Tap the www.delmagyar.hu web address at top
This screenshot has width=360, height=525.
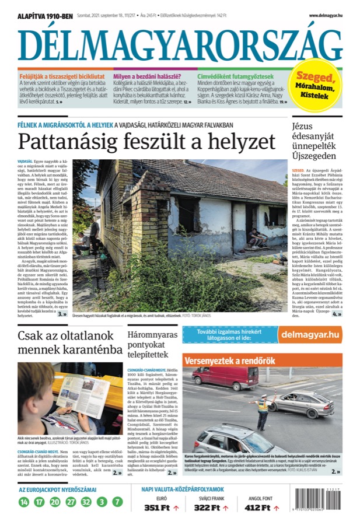pos(325,16)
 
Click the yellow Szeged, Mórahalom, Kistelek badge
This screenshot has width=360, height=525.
pos(315,86)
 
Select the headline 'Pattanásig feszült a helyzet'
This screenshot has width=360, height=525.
pos(146,142)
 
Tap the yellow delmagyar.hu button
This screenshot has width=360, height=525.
pos(310,334)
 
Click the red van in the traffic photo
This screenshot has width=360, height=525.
pos(227,378)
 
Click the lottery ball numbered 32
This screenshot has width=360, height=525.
pos(86,501)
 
